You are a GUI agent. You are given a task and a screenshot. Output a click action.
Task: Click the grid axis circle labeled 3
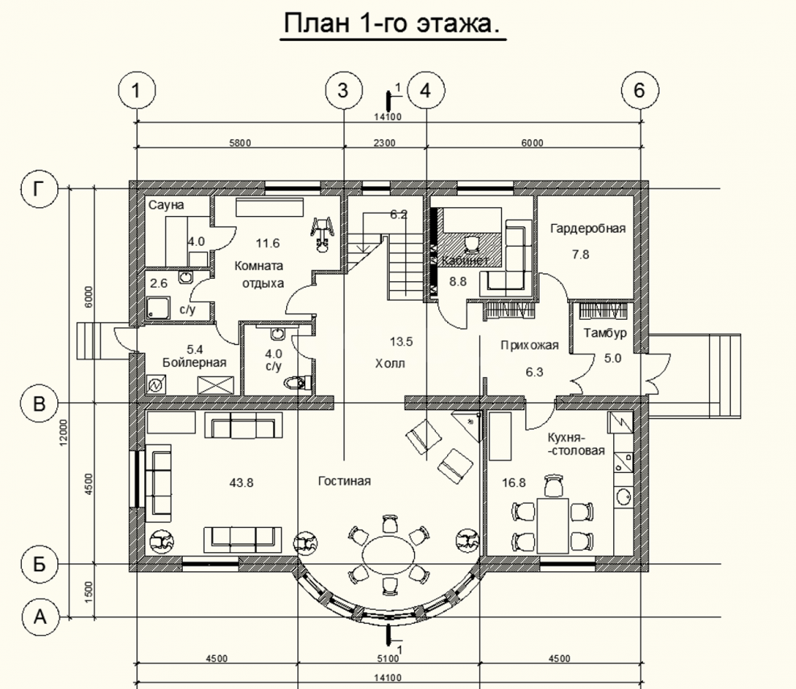pos(344,90)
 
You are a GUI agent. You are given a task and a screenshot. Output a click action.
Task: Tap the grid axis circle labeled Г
pos(39,189)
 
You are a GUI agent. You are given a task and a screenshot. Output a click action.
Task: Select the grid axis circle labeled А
pos(40,617)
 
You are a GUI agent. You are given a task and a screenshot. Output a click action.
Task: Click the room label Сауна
pos(166,205)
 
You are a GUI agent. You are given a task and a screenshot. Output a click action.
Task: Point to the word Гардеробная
pos(588,229)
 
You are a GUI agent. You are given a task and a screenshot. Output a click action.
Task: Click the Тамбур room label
pos(605,333)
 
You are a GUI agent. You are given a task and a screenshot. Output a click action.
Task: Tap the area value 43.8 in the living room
pos(241,483)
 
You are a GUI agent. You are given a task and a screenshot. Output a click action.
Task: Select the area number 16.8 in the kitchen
pos(514,483)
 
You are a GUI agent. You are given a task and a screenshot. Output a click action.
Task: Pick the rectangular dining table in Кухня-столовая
pos(553,525)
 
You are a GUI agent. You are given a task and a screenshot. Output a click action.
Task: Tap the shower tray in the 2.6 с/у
pos(159,308)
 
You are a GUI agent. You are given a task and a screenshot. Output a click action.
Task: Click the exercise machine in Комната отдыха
pos(321,234)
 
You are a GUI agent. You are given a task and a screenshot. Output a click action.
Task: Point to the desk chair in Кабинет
pos(471,243)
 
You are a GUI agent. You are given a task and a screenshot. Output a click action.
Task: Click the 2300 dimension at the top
pos(384,143)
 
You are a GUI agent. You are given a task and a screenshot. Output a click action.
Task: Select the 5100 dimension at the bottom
pos(388,658)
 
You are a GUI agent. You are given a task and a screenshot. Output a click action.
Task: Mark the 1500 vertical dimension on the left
pos(89,591)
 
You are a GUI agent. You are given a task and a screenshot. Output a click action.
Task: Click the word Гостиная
pos(344,481)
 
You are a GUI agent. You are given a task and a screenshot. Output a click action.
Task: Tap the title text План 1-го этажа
pos(392,23)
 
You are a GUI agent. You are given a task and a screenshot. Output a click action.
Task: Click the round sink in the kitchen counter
pos(623,496)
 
